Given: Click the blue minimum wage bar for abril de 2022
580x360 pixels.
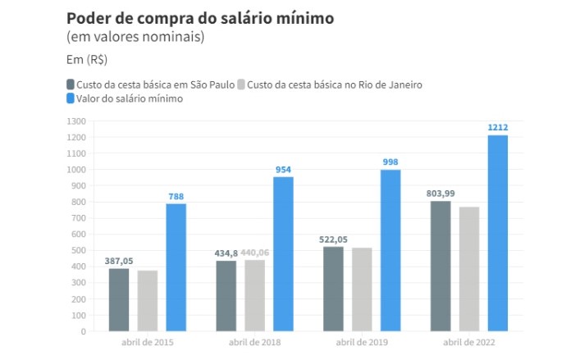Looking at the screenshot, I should pyautogui.click(x=498, y=234).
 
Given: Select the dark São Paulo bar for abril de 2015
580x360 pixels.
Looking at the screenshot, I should pyautogui.click(x=119, y=300).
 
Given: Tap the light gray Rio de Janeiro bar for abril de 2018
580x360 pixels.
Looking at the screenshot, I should pyautogui.click(x=255, y=295).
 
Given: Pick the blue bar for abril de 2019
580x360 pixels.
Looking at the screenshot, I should pyautogui.click(x=390, y=250).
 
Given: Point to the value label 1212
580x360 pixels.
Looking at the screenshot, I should pyautogui.click(x=498, y=127).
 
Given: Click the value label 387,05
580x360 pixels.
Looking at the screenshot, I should pyautogui.click(x=119, y=261).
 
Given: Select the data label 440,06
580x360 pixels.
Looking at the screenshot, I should pyautogui.click(x=255, y=253).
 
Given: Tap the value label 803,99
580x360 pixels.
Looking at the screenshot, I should pyautogui.click(x=441, y=194).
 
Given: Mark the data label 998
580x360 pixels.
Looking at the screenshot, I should pyautogui.click(x=390, y=162).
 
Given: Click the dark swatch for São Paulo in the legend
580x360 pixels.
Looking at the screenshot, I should pyautogui.click(x=70, y=84).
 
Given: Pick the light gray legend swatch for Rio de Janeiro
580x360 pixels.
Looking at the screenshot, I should pyautogui.click(x=240, y=84).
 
